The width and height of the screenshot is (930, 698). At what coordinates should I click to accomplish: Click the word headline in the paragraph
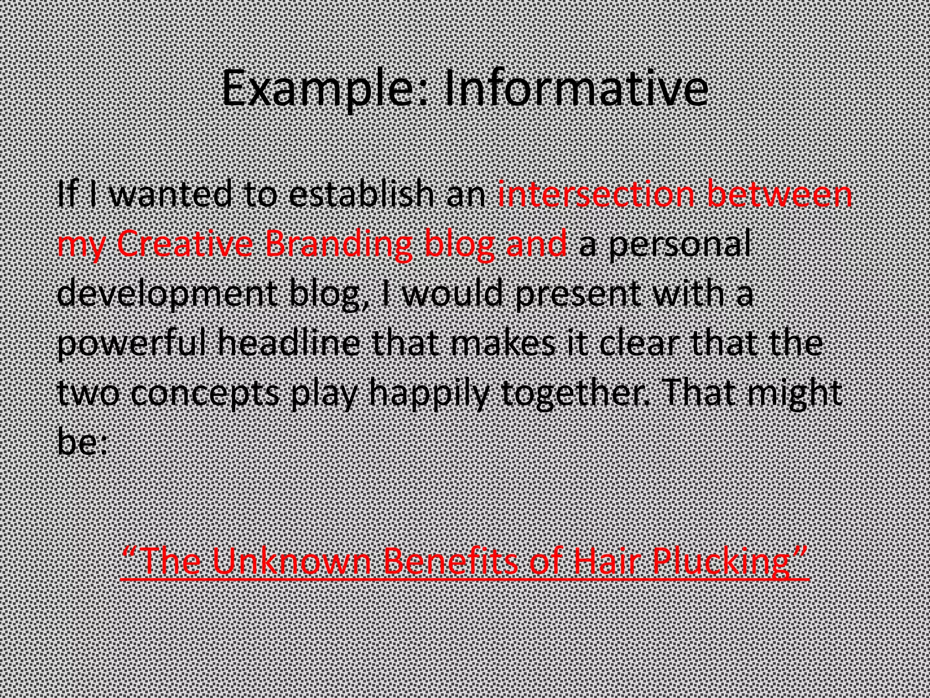point(290,343)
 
